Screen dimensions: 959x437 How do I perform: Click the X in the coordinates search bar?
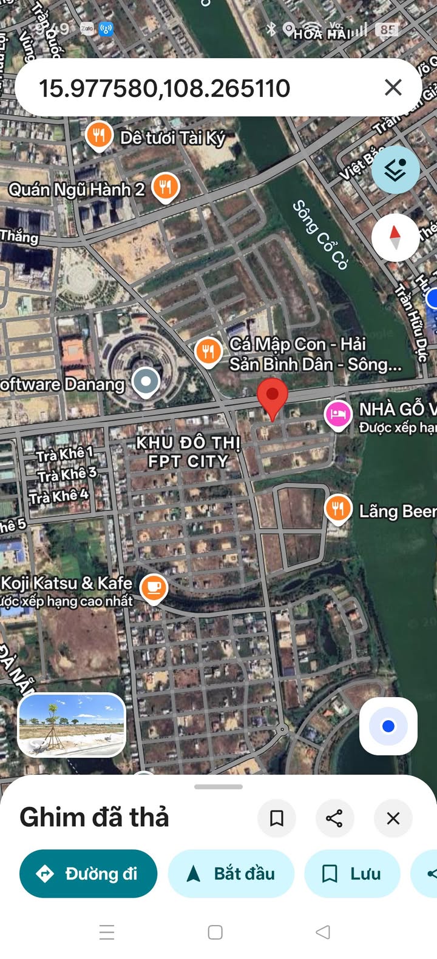(x=393, y=87)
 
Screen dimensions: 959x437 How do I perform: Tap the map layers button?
(x=395, y=170)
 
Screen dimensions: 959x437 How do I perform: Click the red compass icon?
(x=395, y=237)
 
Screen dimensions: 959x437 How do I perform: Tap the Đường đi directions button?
(x=89, y=874)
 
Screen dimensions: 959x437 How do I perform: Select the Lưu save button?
(x=352, y=874)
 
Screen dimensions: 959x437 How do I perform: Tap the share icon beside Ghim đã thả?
(x=334, y=818)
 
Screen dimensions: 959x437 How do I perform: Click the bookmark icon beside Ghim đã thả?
(x=277, y=818)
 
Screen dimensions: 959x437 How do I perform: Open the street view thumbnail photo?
(x=72, y=725)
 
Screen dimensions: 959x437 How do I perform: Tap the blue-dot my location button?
(x=388, y=726)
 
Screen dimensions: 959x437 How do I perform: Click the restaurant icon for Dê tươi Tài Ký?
(x=99, y=135)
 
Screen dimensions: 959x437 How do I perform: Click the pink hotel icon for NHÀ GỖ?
(x=338, y=415)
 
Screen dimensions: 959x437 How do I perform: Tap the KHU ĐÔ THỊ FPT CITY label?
(x=188, y=452)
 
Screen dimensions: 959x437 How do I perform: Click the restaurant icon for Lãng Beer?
(x=338, y=509)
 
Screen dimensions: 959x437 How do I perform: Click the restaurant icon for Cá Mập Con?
(x=208, y=352)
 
